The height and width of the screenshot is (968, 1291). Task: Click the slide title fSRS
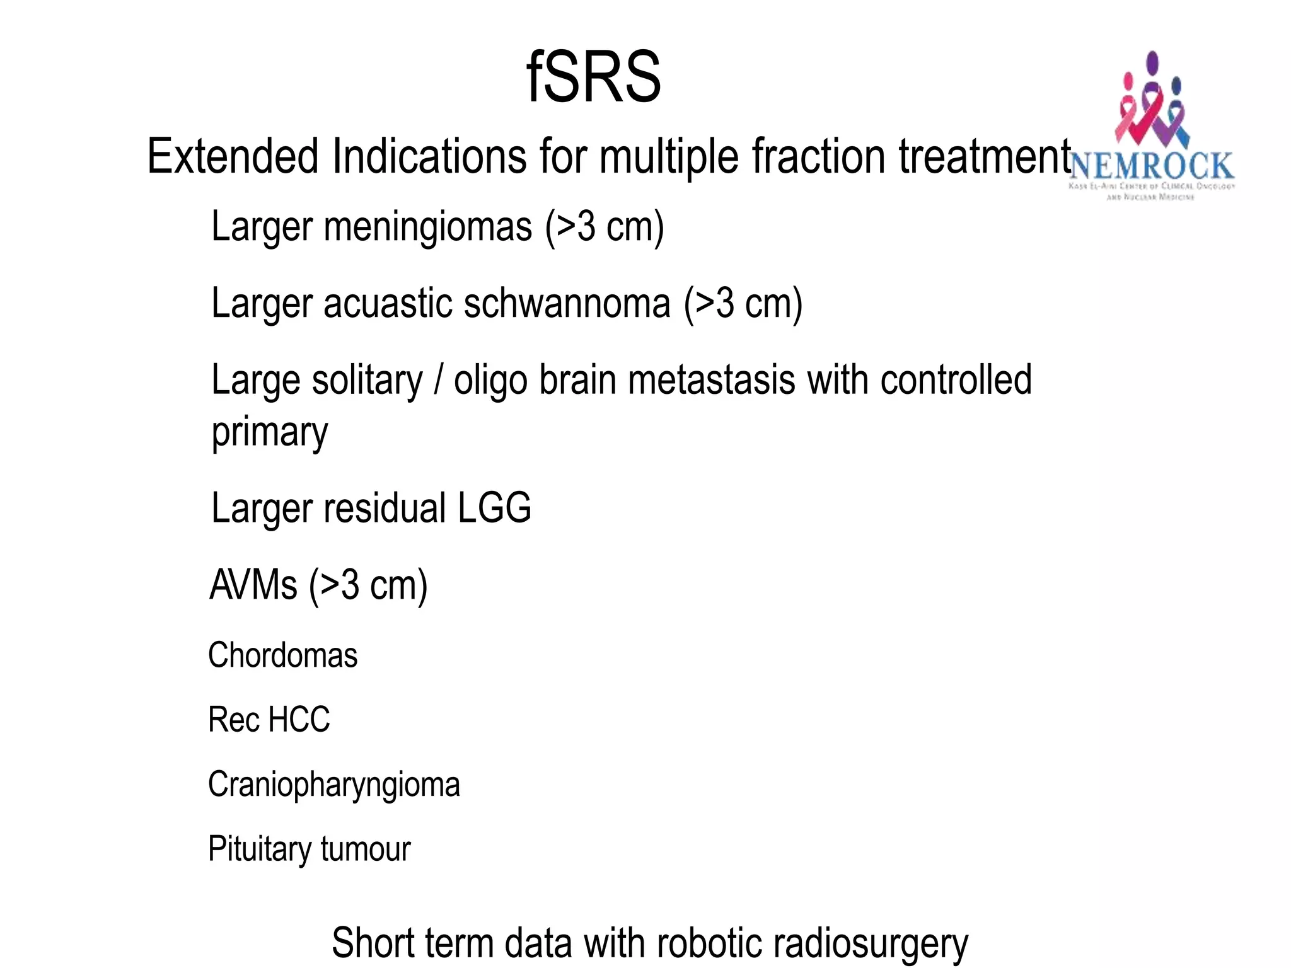[x=593, y=77]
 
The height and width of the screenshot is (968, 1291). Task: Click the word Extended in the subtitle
[x=233, y=156]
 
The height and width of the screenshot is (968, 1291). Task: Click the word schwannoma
[x=567, y=303]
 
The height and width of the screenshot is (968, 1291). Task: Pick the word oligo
[x=490, y=381]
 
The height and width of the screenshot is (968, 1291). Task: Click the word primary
[x=270, y=433]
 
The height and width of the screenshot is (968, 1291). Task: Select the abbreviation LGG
[x=494, y=508]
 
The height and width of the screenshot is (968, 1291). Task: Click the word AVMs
[x=253, y=585]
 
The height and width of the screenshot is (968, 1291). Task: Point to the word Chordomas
[x=283, y=655]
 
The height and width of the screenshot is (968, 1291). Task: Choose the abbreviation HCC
[x=299, y=720]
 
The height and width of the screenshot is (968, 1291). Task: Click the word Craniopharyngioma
[x=334, y=785]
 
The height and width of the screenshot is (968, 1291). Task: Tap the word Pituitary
[x=259, y=849]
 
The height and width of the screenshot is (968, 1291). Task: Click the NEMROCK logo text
[x=1152, y=166]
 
